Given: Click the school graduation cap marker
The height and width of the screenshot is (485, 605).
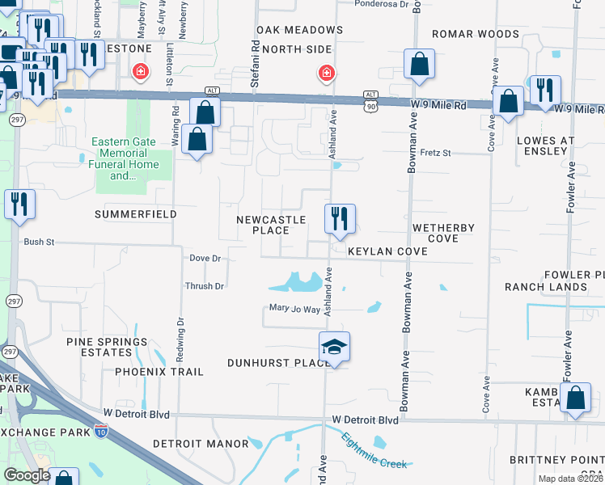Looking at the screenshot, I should point(334,348).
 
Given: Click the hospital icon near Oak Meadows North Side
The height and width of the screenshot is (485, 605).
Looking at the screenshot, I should point(326,74).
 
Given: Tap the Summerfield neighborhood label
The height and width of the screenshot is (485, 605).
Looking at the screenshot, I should point(136,214).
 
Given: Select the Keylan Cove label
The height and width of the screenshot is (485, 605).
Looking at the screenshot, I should point(387,251).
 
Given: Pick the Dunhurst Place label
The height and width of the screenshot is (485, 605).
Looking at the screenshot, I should point(279,363).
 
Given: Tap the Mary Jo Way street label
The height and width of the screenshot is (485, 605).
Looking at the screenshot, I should point(295,308).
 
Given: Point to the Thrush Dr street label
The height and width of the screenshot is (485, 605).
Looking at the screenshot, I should point(204,286).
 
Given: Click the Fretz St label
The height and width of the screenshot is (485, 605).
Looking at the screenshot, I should point(434,152).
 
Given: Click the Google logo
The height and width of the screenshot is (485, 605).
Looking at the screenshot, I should point(27,475).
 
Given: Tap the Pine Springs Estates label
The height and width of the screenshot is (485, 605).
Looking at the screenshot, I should point(99,348).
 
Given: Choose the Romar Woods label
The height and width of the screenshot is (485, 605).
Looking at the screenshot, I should point(475,34).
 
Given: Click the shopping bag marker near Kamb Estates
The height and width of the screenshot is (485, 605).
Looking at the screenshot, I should point(575,399).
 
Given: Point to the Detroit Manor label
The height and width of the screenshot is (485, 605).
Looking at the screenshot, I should point(200,444).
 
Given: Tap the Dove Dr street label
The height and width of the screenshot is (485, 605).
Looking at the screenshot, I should point(205,258).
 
